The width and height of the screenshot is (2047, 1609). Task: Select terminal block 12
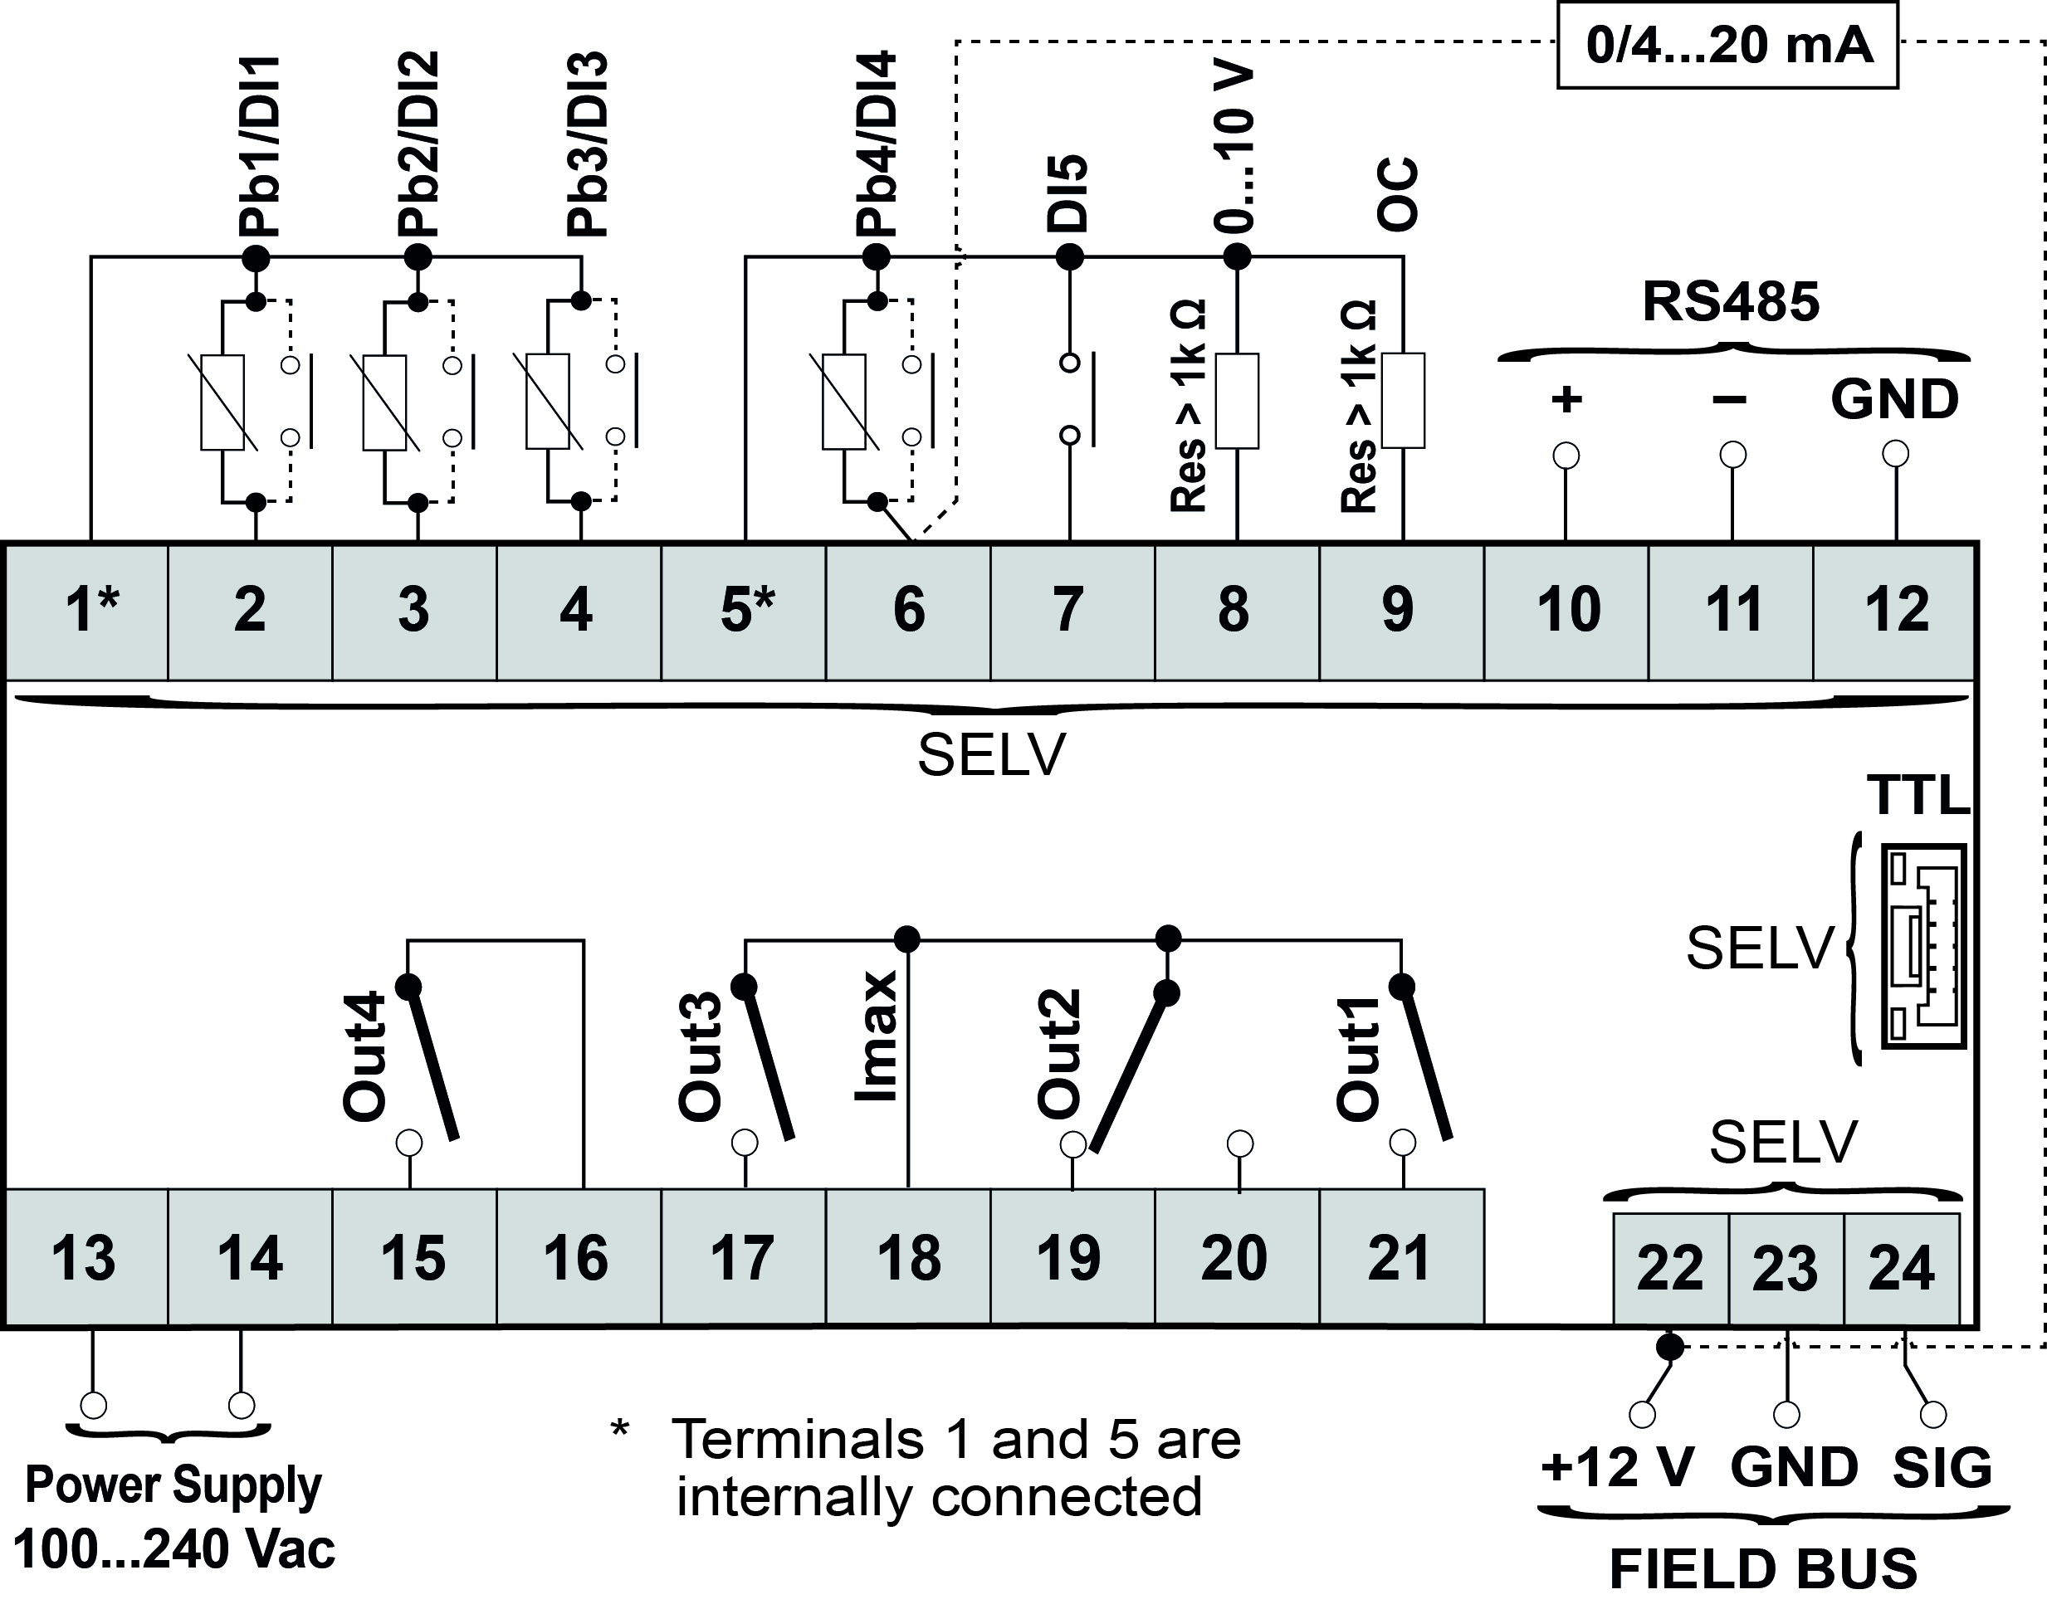tap(1894, 611)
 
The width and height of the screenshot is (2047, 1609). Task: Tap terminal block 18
tap(907, 1258)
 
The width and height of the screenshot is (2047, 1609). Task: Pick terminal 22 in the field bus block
tap(1670, 1268)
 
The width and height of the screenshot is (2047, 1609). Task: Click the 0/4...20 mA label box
tap(1727, 45)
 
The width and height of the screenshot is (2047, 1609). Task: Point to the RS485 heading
tap(1731, 301)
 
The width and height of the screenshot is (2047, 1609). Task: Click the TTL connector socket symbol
tap(1923, 946)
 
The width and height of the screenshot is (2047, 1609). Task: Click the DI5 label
tap(1067, 194)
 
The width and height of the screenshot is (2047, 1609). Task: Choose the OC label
tap(1398, 195)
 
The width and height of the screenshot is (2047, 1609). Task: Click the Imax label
tap(876, 1036)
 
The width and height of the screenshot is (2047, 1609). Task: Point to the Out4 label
tap(364, 1056)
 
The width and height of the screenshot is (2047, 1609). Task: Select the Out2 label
tap(1059, 1054)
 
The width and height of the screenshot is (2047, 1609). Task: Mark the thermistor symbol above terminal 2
tap(222, 402)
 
